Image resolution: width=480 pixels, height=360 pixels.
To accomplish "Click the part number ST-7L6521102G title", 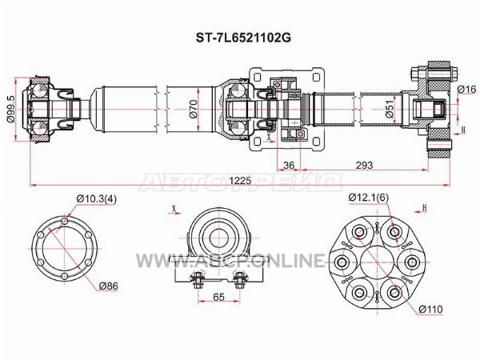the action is pos(243,38).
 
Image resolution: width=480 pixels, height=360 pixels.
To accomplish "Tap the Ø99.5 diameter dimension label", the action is pos(10,110).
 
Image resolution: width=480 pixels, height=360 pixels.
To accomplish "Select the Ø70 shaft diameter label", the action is pos(193,110).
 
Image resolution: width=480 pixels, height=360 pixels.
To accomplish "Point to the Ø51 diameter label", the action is pos(390,109).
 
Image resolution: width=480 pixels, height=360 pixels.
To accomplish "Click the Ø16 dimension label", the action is pos(467,89).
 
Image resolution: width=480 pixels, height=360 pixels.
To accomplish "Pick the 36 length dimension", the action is pos(289,166).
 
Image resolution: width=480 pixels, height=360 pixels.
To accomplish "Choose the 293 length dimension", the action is pos(364,166).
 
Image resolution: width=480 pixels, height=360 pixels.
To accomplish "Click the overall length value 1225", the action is pos(240,180).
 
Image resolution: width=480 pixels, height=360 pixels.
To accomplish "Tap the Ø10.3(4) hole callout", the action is pos(97,199).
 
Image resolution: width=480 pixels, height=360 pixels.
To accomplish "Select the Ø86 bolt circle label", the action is pos(108,286).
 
